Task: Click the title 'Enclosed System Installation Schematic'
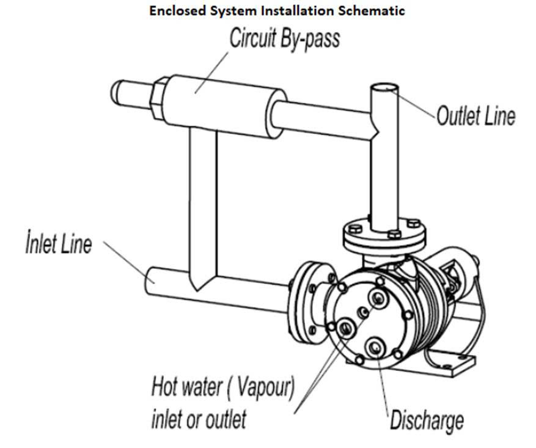(x=277, y=11)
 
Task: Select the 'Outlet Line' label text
(x=475, y=116)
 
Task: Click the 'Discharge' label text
(x=427, y=420)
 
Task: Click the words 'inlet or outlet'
(x=199, y=419)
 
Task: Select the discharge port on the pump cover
(x=374, y=348)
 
